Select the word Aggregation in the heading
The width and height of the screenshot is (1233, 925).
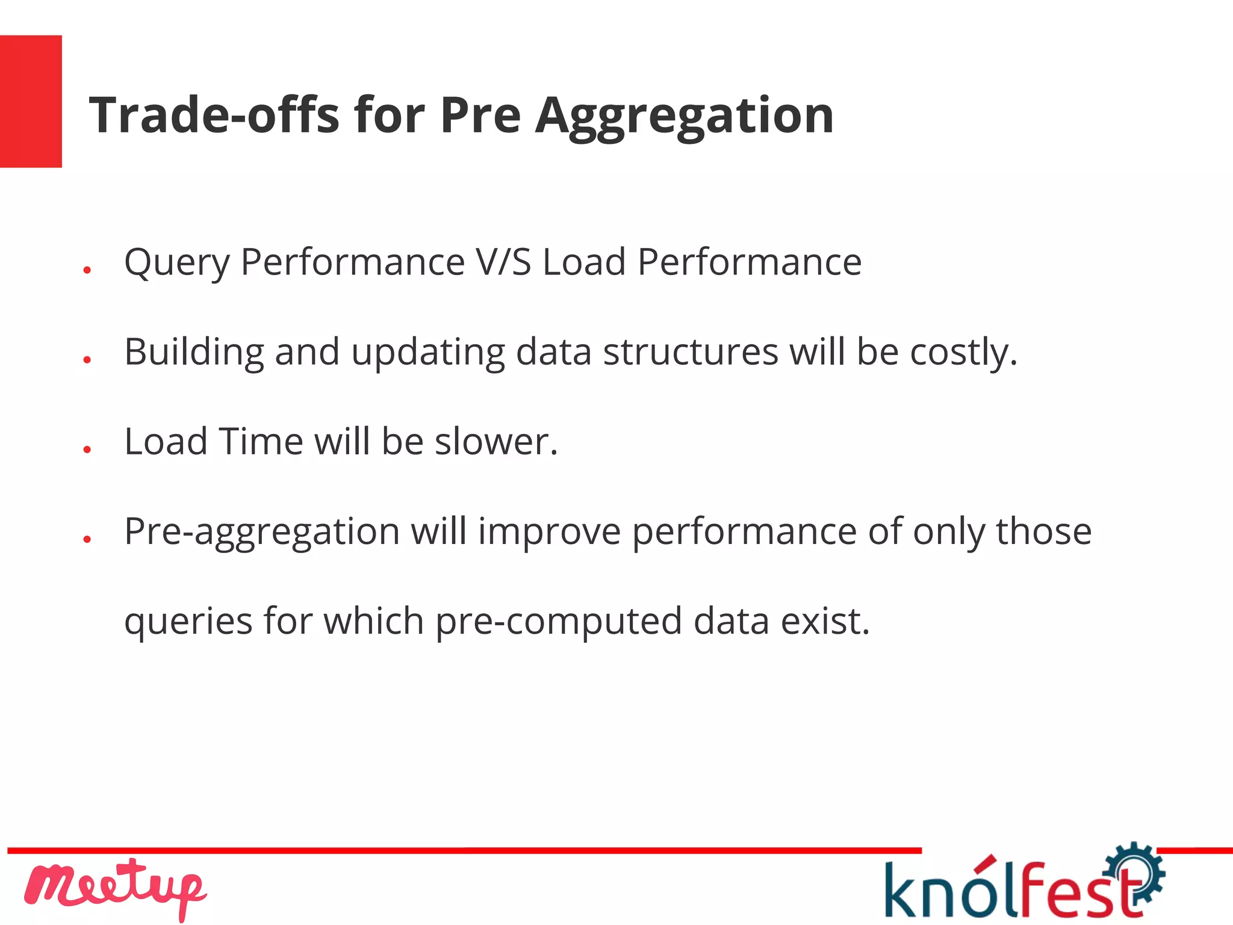(x=685, y=116)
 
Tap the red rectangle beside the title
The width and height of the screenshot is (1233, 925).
(x=31, y=101)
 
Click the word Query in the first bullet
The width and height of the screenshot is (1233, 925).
(x=176, y=263)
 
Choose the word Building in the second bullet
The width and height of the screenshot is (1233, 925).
(x=194, y=352)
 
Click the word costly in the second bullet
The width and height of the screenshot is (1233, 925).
(x=963, y=352)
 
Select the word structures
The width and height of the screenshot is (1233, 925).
(x=691, y=351)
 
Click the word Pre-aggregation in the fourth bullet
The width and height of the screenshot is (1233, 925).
(x=262, y=532)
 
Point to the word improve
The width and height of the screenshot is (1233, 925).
(x=549, y=532)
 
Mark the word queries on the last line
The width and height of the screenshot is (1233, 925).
(x=188, y=622)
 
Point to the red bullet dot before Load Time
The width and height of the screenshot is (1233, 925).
(x=87, y=449)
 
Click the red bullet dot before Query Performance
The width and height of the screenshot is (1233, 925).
(x=87, y=270)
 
